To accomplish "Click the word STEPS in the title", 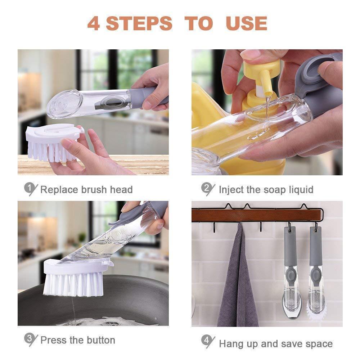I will (x=139, y=23).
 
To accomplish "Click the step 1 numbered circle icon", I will (x=30, y=188).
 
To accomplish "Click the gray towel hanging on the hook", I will (x=238, y=281).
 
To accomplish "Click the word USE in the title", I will (x=246, y=23).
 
